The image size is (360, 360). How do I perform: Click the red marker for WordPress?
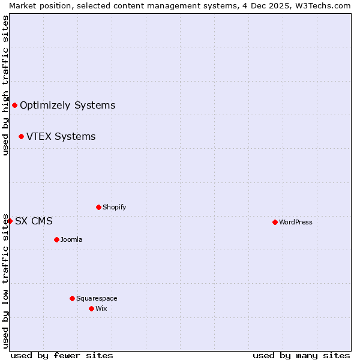[275, 222]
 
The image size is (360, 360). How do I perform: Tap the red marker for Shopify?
[98, 207]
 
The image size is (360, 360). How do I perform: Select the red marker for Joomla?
[56, 239]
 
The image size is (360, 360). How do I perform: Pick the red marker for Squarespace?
[72, 298]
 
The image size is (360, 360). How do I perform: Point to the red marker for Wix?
[91, 308]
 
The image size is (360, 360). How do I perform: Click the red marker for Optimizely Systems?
[14, 106]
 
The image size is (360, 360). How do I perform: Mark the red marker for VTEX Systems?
[21, 136]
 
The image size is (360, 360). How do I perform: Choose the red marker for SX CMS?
[10, 221]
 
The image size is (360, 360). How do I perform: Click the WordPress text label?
[296, 222]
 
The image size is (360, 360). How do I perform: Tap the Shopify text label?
[115, 207]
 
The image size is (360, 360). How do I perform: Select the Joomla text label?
[71, 239]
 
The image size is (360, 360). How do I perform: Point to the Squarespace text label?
[97, 298]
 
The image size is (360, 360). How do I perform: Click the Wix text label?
[101, 308]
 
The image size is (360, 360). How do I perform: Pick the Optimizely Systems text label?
[68, 106]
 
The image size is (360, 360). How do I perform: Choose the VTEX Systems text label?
[61, 136]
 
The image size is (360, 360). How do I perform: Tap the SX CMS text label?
[34, 221]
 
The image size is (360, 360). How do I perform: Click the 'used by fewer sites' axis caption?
[62, 355]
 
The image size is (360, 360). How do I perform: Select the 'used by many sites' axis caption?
[301, 355]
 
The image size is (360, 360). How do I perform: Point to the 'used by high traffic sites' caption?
[5, 85]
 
